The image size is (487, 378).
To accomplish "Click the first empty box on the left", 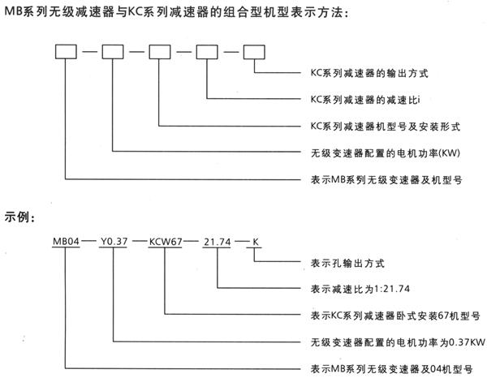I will [65, 54].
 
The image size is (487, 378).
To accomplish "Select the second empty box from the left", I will [112, 54].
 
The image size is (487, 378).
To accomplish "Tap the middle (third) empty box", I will [159, 54].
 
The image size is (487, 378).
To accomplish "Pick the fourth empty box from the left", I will [207, 54].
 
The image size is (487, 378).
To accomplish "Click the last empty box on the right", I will [254, 54].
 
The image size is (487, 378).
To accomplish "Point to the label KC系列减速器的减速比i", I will [362, 99].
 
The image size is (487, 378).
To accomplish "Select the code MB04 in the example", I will [65, 242].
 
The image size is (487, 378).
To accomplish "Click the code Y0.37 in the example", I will [113, 242].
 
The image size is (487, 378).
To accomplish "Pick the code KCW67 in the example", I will [166, 242].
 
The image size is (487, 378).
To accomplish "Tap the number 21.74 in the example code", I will [218, 242].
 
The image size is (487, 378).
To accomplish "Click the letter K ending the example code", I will [256, 242].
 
